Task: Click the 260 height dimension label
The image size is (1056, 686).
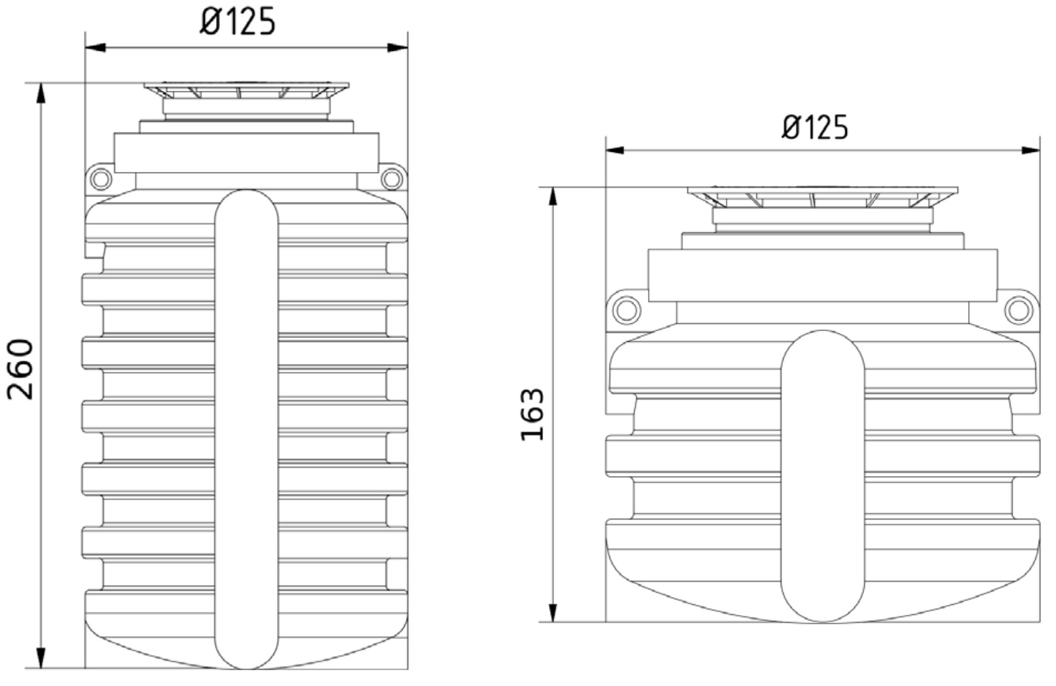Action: pos(20,369)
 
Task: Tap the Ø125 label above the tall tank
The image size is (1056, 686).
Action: pos(237,22)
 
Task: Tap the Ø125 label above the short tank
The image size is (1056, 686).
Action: pos(815,127)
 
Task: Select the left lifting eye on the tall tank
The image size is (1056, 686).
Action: pos(100,179)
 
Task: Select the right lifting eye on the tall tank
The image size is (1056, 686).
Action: pos(392,179)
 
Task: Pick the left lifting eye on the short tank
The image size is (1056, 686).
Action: pos(626,310)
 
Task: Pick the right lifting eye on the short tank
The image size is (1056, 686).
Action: pos(1019,310)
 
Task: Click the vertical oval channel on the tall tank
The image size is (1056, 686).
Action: pos(247,429)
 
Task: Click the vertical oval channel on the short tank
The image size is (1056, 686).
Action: pos(822,476)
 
